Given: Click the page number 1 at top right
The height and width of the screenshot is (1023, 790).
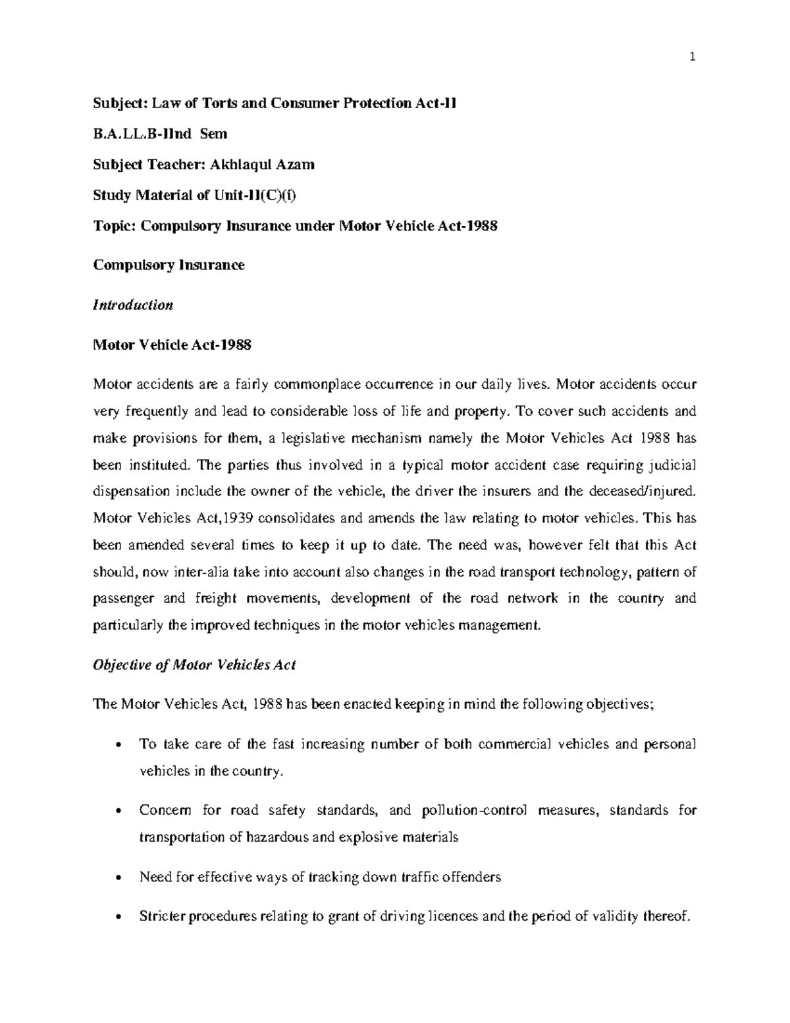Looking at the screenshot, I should [692, 57].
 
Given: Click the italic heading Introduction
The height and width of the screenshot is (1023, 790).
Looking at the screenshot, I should [133, 305].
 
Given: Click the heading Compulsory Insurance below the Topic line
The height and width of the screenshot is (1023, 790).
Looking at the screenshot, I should [169, 265].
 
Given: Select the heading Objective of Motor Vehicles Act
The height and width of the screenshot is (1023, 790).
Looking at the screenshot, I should [194, 665].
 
